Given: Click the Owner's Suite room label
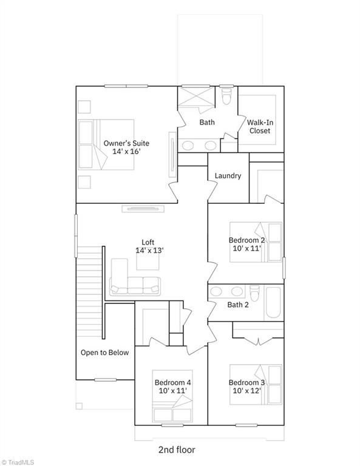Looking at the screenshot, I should [x=126, y=147].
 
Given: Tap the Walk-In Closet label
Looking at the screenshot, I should [x=259, y=126].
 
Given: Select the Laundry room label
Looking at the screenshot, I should [x=228, y=176].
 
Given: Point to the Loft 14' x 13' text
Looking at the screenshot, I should [x=149, y=246].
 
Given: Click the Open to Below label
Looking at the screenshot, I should [x=104, y=353].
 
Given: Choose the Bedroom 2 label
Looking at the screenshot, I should [x=246, y=245].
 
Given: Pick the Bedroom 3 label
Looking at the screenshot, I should [x=246, y=387].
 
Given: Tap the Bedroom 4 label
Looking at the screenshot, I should [x=172, y=387].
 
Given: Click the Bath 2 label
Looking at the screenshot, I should [x=237, y=305].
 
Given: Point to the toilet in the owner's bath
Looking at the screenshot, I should [x=227, y=96].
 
